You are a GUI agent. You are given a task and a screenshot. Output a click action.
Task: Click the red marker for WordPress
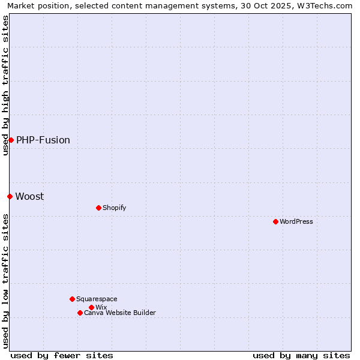coord(275,221)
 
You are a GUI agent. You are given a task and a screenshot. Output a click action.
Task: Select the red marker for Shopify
coord(98,208)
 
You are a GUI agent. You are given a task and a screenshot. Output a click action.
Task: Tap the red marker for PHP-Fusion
coord(11,140)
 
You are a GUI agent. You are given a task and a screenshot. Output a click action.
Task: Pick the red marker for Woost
coord(10,196)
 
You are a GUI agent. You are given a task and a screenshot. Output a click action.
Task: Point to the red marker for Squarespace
coord(72,299)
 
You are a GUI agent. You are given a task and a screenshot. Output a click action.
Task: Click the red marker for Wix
coord(91,307)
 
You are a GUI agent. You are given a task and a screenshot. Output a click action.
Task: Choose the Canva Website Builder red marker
coord(80,313)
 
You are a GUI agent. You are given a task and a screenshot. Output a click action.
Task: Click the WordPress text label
coord(296,221)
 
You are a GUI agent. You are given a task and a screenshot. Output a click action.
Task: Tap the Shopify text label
coord(114,208)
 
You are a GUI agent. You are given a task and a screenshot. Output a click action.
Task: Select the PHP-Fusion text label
coord(43,140)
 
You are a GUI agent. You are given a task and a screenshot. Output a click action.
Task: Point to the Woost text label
coord(29,196)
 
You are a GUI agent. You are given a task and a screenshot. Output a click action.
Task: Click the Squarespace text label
coord(97,299)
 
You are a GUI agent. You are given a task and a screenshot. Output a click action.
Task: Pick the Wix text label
coord(101,307)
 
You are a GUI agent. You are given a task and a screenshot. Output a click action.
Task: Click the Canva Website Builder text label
coord(120,313)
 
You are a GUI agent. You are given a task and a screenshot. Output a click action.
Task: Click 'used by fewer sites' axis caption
coord(62,355)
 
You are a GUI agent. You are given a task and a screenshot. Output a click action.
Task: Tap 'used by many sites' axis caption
coord(301,355)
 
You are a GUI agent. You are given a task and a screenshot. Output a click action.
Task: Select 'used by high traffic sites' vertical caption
coord(5,85)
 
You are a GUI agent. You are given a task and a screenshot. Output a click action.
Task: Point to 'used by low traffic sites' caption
coord(5,281)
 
